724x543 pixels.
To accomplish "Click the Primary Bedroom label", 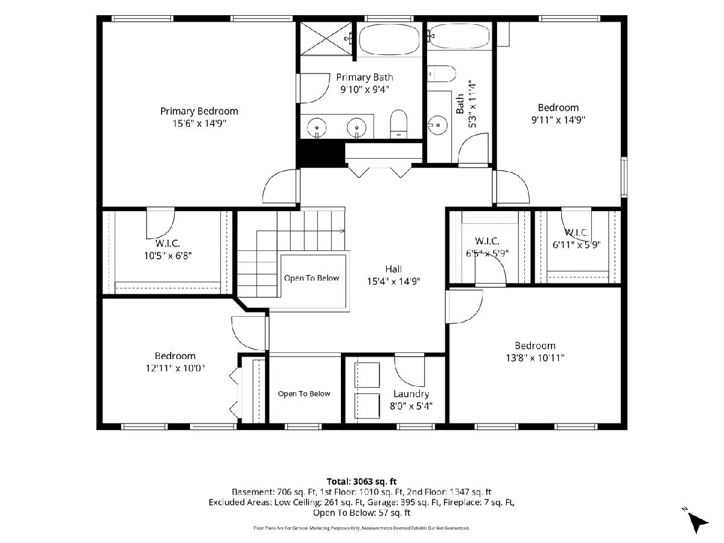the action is (199, 111).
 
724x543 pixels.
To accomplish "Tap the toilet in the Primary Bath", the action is (398, 124).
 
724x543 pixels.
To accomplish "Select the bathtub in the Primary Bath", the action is (389, 40).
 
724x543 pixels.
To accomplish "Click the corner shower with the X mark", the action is (326, 39).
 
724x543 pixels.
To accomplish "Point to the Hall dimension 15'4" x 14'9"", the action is (393, 281).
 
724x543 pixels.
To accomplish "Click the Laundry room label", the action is (411, 394).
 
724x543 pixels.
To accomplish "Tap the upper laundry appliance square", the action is (367, 375).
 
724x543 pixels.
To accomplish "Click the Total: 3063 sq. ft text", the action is (361, 481).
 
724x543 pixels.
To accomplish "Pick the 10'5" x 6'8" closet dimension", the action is (168, 255).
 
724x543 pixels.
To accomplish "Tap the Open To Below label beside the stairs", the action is (311, 278).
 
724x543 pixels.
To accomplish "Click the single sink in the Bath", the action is (437, 125).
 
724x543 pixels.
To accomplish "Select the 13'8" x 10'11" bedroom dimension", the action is (535, 358).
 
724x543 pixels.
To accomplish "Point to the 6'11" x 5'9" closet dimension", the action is (577, 244).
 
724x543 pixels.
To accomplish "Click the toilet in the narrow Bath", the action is (441, 74).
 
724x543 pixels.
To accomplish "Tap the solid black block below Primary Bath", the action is (320, 154).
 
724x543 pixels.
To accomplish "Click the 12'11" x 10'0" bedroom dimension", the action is (175, 368).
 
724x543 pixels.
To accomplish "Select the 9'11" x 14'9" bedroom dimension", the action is (558, 119).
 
